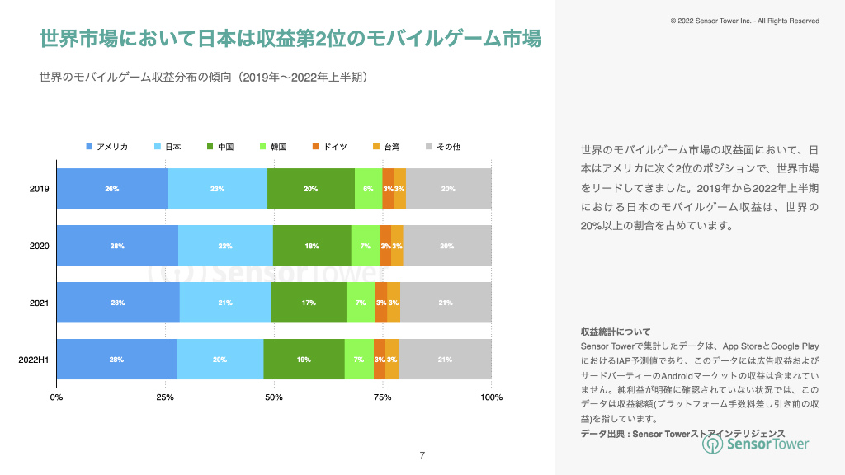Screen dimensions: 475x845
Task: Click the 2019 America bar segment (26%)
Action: pos(111,189)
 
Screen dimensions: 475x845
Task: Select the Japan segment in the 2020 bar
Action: pos(225,246)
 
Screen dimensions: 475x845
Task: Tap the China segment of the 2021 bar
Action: pos(309,303)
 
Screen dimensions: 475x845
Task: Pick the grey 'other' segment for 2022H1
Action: pos(445,360)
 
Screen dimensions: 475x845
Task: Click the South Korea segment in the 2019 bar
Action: pos(368,189)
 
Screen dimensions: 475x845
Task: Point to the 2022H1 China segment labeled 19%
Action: pos(304,360)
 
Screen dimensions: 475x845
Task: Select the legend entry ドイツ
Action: pos(330,147)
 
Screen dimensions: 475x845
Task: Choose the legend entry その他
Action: pos(443,147)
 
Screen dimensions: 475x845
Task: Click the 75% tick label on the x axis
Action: pos(382,398)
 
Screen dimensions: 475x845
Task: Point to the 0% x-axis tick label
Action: pos(56,398)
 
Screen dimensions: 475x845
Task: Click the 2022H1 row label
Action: pos(35,360)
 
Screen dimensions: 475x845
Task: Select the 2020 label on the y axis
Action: pos(39,246)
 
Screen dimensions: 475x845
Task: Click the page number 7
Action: pos(422,455)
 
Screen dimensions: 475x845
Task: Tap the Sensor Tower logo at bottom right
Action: pos(755,444)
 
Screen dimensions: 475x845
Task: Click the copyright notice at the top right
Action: pos(744,20)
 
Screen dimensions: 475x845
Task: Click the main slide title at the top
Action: pos(290,39)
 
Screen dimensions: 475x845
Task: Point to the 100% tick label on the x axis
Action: pos(491,398)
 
